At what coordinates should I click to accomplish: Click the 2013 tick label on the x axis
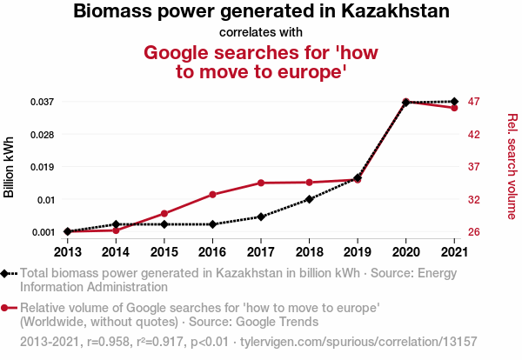tap(67, 252)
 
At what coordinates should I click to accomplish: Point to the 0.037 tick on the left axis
tap(43, 102)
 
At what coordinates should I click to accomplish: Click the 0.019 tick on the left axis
tap(43, 167)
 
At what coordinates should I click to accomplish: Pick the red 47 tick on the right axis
tap(474, 102)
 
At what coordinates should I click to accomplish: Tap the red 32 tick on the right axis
tap(474, 199)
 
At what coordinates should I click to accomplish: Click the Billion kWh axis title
tap(10, 167)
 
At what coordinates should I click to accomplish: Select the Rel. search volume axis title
tap(512, 167)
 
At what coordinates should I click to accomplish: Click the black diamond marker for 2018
tap(309, 199)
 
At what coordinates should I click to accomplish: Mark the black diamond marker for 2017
tap(261, 217)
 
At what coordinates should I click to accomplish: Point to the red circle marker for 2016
tap(212, 194)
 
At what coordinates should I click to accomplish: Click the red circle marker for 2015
tap(164, 213)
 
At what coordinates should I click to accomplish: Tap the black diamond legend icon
tap(7, 273)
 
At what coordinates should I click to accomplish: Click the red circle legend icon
tap(7, 308)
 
